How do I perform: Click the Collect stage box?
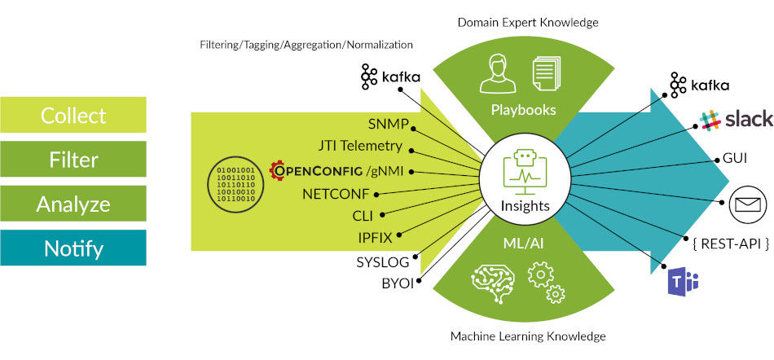point(73,115)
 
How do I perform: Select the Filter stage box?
point(73,159)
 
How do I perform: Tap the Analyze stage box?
point(73,203)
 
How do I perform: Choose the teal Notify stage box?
point(73,248)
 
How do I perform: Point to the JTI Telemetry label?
point(360,147)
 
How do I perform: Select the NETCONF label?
point(335,194)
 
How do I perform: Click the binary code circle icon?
point(235,182)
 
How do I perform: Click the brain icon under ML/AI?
point(495,279)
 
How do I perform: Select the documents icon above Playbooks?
point(548,72)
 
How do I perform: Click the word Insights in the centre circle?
point(523,206)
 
